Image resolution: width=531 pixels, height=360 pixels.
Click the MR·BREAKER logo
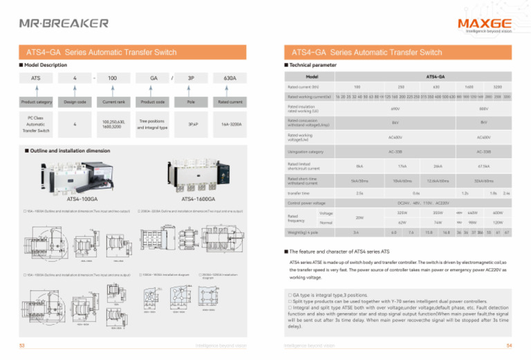tap(64, 23)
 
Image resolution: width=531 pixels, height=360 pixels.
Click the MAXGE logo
tap(483, 21)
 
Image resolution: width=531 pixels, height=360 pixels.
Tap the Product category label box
tap(35, 102)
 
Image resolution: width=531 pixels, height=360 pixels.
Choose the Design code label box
tap(75, 102)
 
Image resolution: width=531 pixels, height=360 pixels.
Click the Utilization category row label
tap(306, 151)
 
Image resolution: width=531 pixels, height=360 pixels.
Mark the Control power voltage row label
tap(307, 204)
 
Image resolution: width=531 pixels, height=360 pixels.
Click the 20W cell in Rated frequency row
tap(360, 218)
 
